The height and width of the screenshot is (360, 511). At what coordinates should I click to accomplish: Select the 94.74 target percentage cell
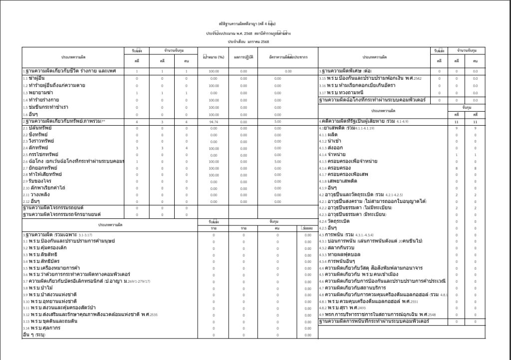(214, 122)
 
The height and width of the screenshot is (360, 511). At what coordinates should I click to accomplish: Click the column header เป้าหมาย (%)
(214, 57)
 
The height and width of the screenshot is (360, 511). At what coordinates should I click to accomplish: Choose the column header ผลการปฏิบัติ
(244, 57)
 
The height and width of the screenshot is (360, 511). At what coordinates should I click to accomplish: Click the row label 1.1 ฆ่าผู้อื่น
(35, 78)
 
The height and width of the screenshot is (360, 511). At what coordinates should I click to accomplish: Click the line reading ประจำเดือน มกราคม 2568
(248, 42)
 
